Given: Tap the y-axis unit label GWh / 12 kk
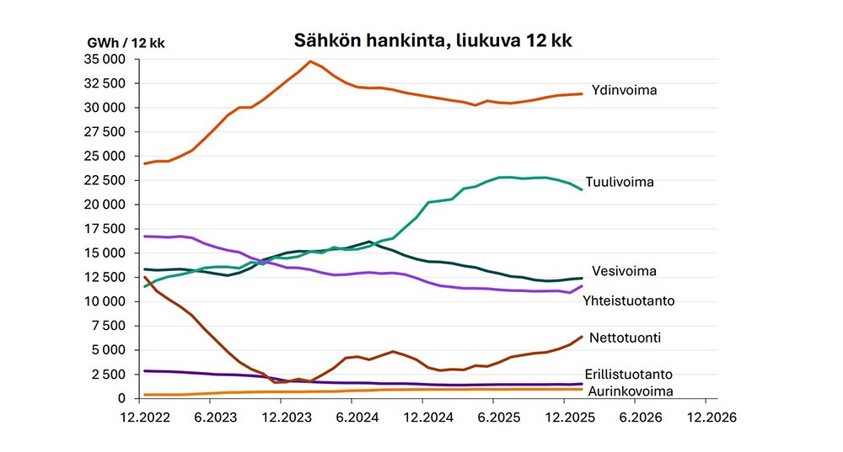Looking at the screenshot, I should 126,43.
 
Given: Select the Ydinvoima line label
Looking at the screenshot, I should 624,90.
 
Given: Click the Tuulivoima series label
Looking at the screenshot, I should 620,182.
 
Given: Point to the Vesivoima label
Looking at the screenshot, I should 624,271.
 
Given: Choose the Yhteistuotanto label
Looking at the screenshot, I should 629,300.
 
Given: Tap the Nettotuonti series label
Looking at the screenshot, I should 626,338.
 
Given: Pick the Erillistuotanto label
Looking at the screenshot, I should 629,374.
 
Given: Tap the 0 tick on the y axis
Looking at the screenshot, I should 121,398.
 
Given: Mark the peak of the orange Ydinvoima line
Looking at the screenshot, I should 310,61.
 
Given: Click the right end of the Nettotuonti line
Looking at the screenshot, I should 582,337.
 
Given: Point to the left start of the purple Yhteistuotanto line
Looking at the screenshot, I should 145,237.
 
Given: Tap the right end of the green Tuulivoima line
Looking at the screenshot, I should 582,189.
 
